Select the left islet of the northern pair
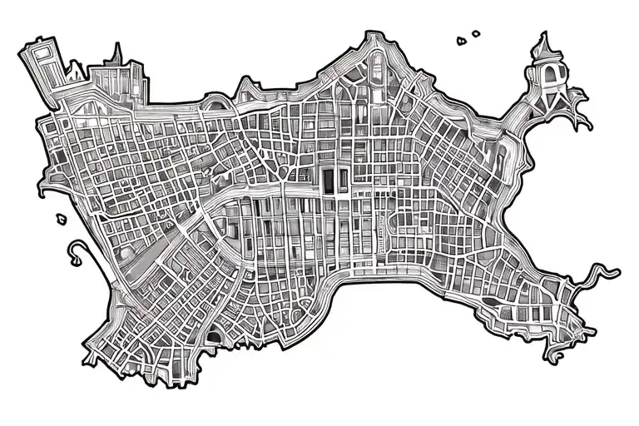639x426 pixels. [x=461, y=39]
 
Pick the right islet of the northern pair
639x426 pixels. [x=476, y=34]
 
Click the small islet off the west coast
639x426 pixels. [x=61, y=219]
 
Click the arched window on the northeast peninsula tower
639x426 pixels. [x=548, y=77]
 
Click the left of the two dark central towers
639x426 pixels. [x=327, y=180]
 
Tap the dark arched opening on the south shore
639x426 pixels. [x=215, y=336]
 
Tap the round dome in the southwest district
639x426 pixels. [x=127, y=252]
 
